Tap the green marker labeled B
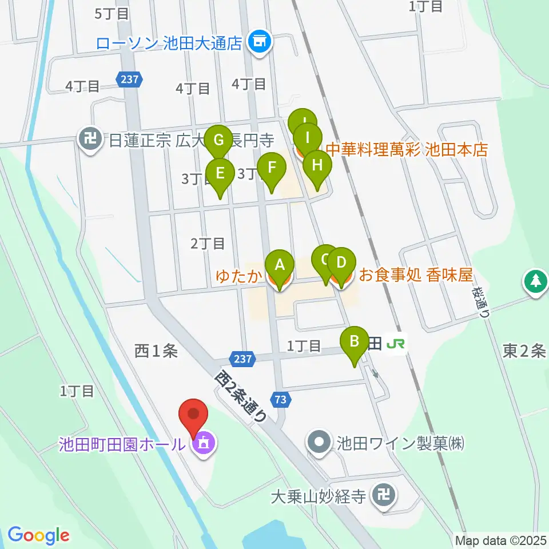point(355,344)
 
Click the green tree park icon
point(535,281)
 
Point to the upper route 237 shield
point(130,79)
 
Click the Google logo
point(38,535)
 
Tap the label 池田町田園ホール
point(122,444)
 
